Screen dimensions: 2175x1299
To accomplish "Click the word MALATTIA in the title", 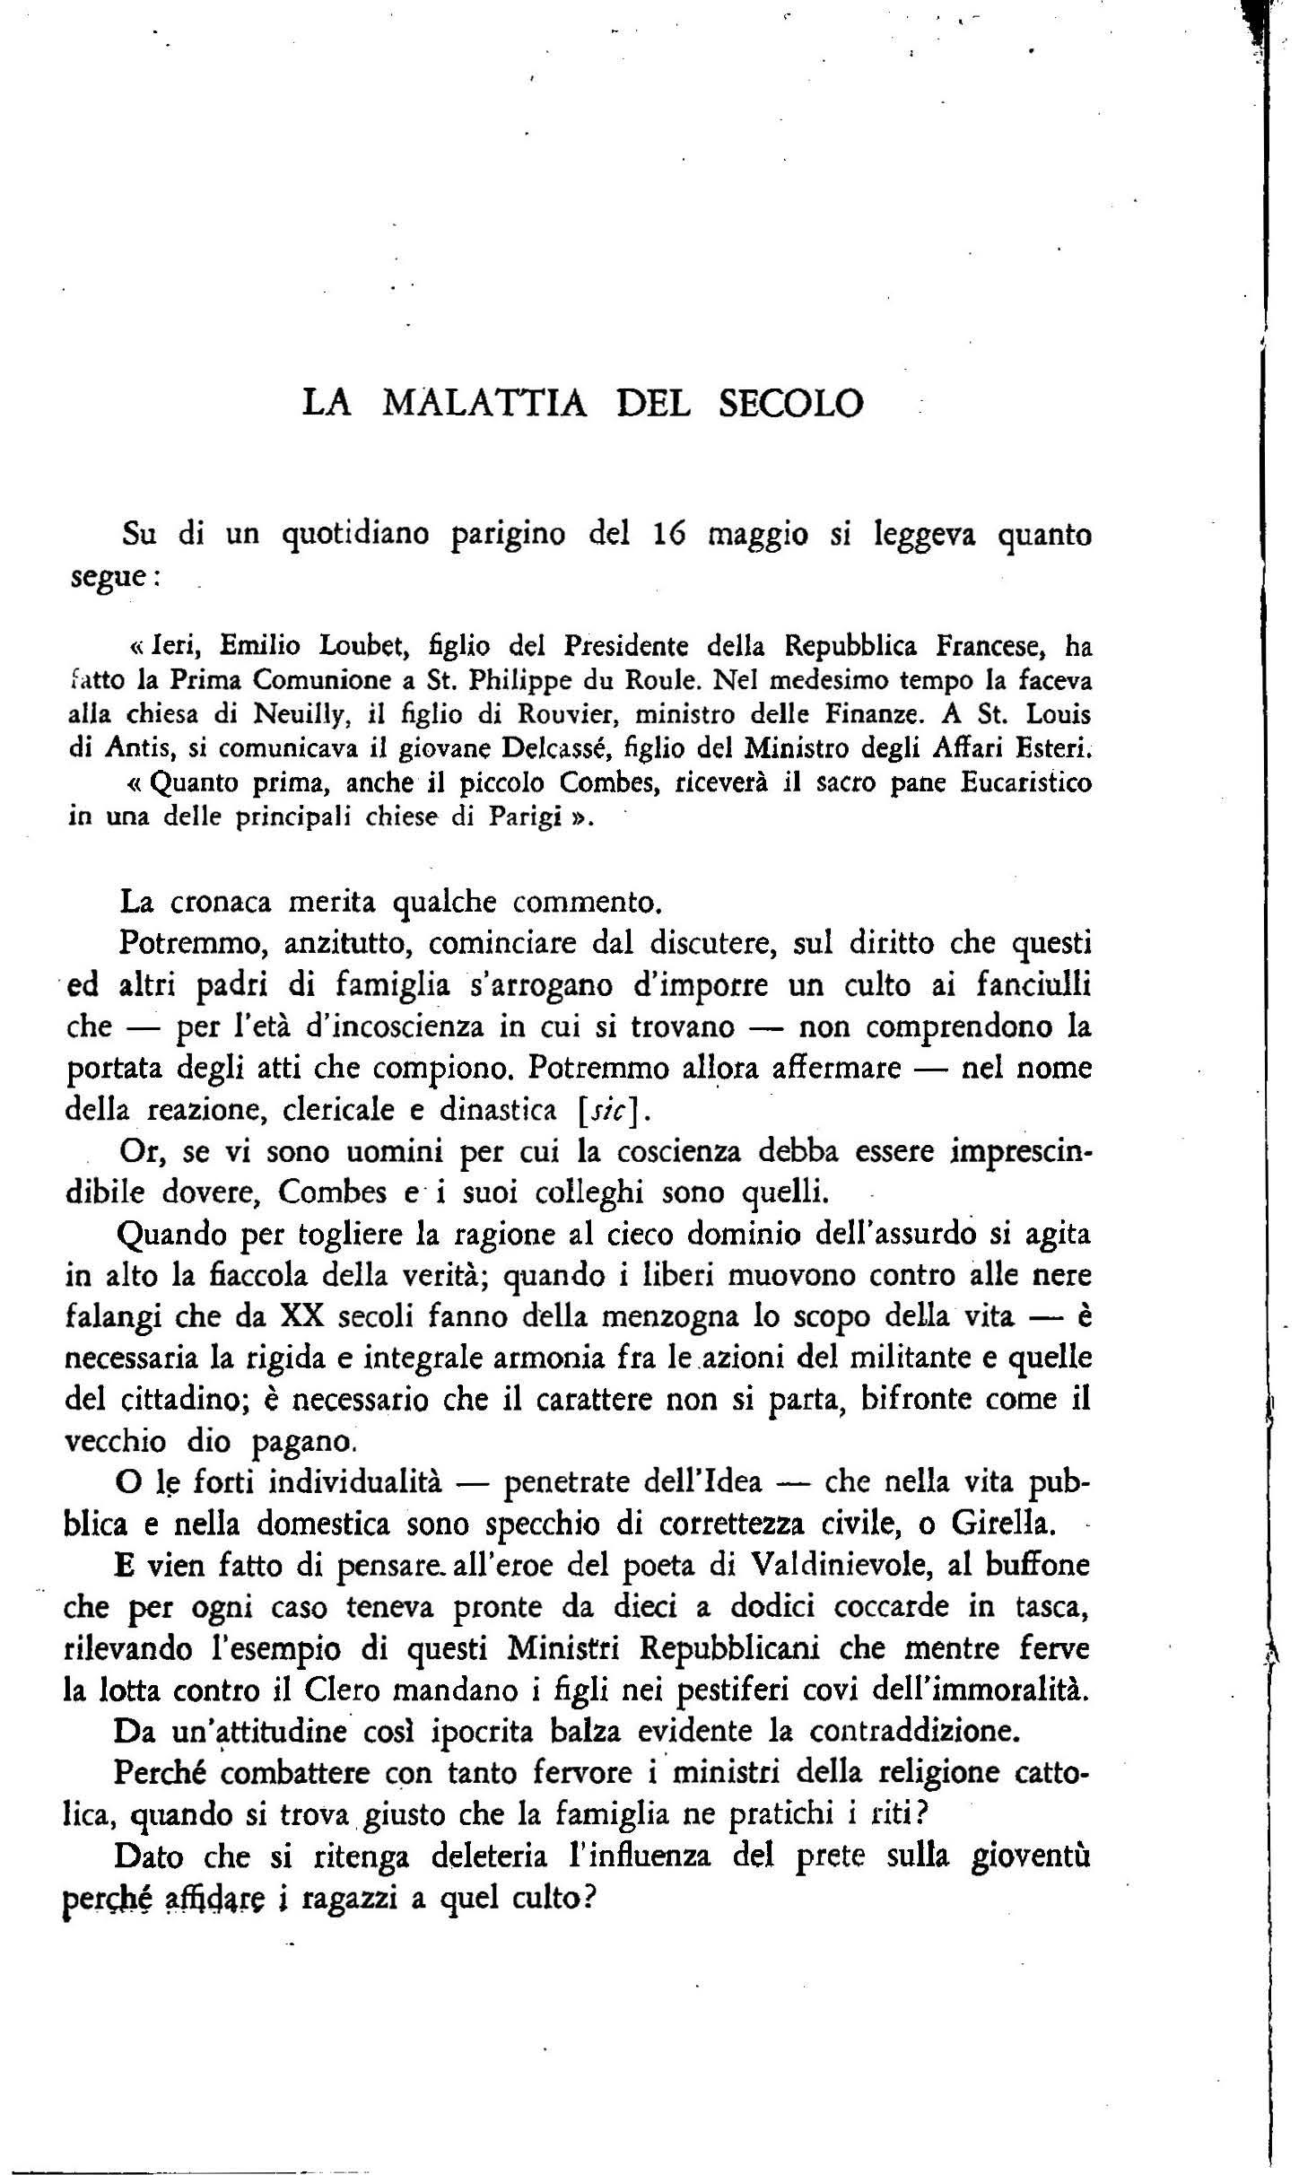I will pos(484,402).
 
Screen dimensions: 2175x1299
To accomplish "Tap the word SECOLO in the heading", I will pos(791,402).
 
